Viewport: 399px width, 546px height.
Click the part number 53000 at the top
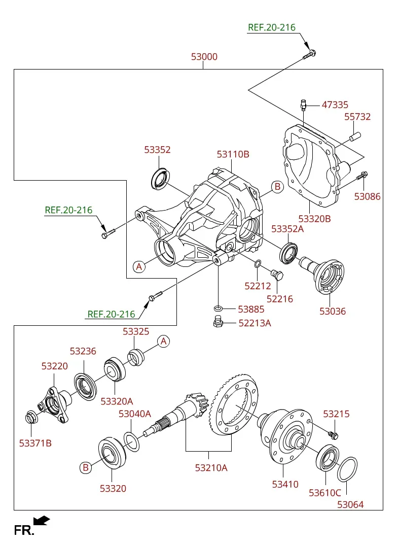click(x=204, y=56)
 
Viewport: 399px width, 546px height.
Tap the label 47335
click(x=335, y=105)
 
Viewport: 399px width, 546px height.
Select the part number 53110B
click(x=233, y=154)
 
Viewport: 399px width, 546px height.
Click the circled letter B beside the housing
click(x=277, y=187)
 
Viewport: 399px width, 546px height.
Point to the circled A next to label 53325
click(x=163, y=341)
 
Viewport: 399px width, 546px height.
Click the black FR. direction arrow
click(x=42, y=520)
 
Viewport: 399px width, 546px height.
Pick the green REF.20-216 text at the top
click(x=272, y=27)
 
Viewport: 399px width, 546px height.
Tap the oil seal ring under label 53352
click(x=160, y=178)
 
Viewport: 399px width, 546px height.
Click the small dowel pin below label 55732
click(x=355, y=136)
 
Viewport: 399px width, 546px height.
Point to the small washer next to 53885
click(x=218, y=309)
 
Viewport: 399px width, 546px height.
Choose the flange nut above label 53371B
click(x=30, y=417)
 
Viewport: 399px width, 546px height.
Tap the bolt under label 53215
click(x=333, y=434)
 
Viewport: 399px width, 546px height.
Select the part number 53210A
click(x=211, y=468)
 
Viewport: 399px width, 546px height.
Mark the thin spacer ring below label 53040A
click(x=131, y=441)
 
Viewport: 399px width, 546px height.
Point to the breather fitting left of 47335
click(x=303, y=105)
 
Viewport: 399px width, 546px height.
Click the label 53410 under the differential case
click(x=285, y=484)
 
